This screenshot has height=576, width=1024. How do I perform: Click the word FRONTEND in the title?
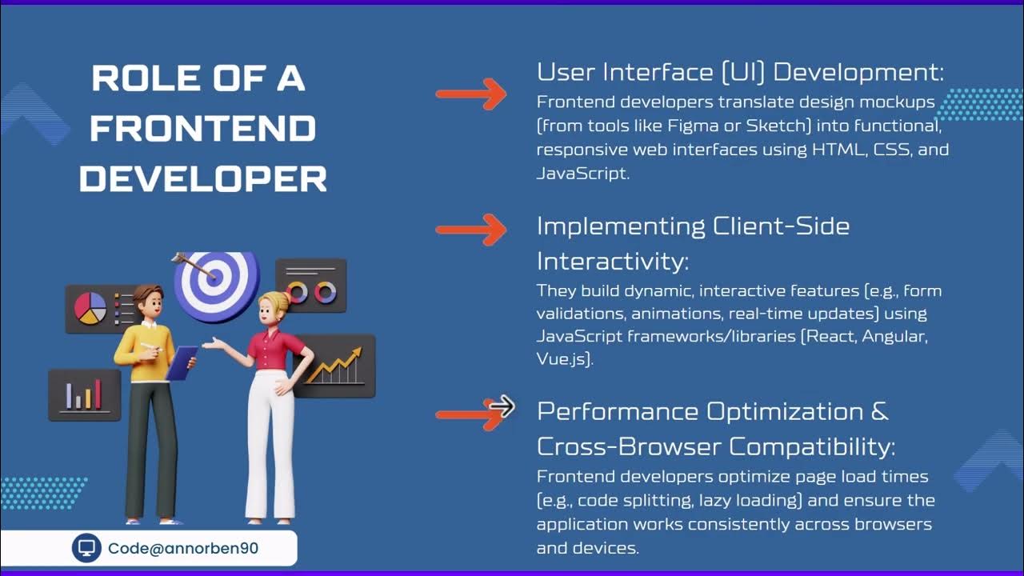click(x=202, y=129)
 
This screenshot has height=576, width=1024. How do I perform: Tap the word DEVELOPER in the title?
click(x=202, y=178)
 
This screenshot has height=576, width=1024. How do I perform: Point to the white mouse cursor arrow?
click(x=502, y=406)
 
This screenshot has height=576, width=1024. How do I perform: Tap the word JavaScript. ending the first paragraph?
click(x=583, y=174)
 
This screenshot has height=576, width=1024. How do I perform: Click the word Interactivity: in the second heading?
click(x=613, y=262)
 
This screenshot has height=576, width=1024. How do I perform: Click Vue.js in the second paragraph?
click(x=565, y=359)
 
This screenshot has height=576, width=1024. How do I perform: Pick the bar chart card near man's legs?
click(x=84, y=394)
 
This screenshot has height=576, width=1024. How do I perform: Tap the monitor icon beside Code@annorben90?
click(x=87, y=548)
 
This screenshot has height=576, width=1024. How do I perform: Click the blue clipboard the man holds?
click(x=181, y=362)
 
